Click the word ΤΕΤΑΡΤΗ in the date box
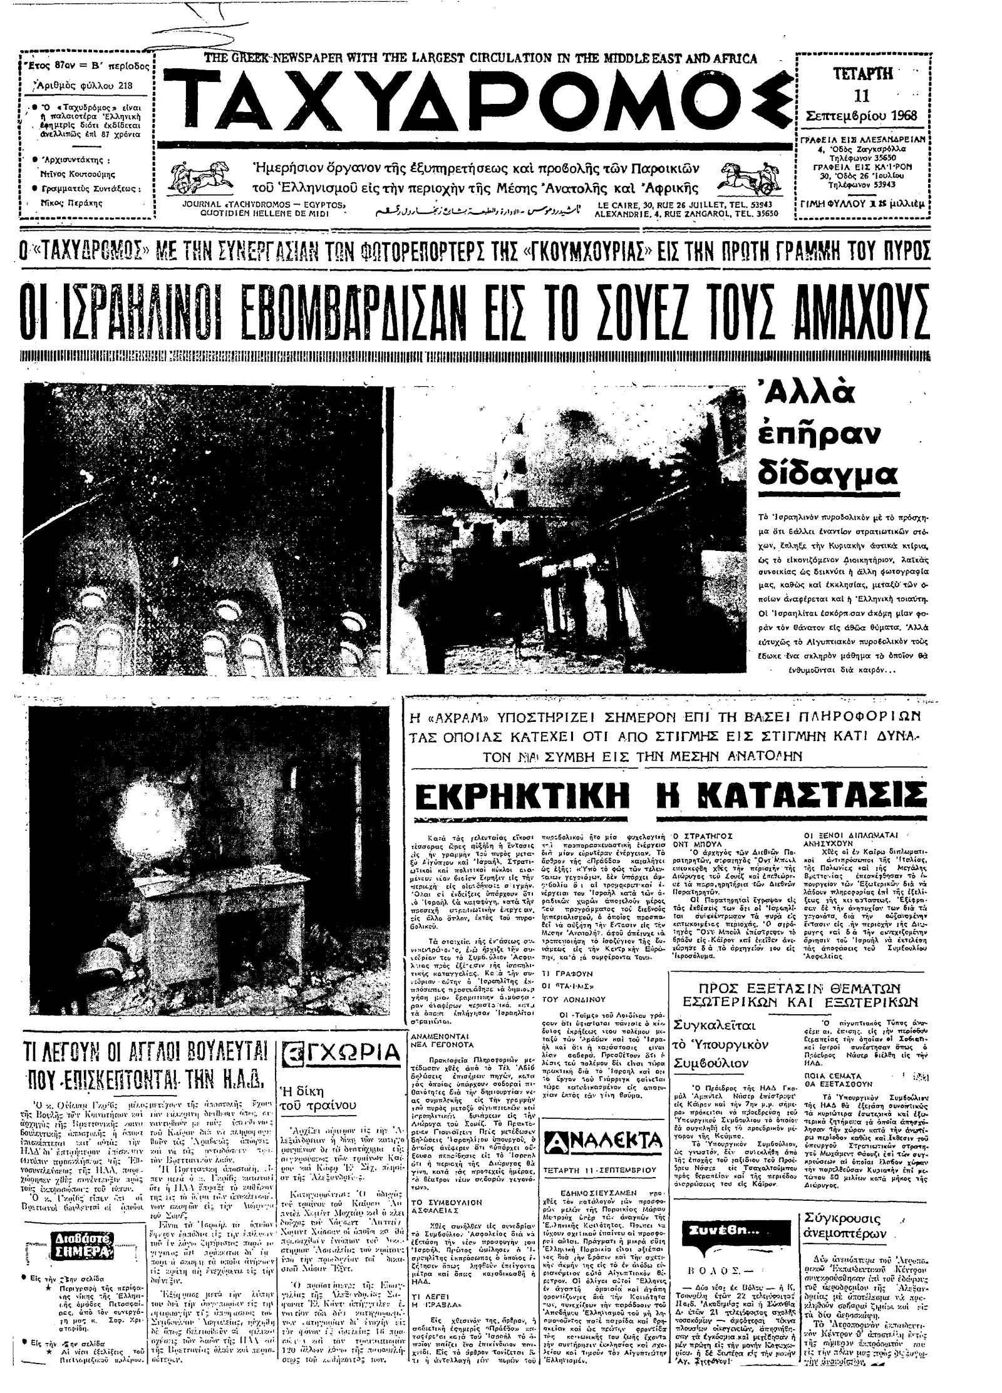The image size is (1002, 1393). click(x=862, y=73)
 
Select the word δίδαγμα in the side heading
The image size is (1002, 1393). click(x=827, y=474)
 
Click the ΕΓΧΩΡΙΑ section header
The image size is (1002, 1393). click(x=341, y=1053)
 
